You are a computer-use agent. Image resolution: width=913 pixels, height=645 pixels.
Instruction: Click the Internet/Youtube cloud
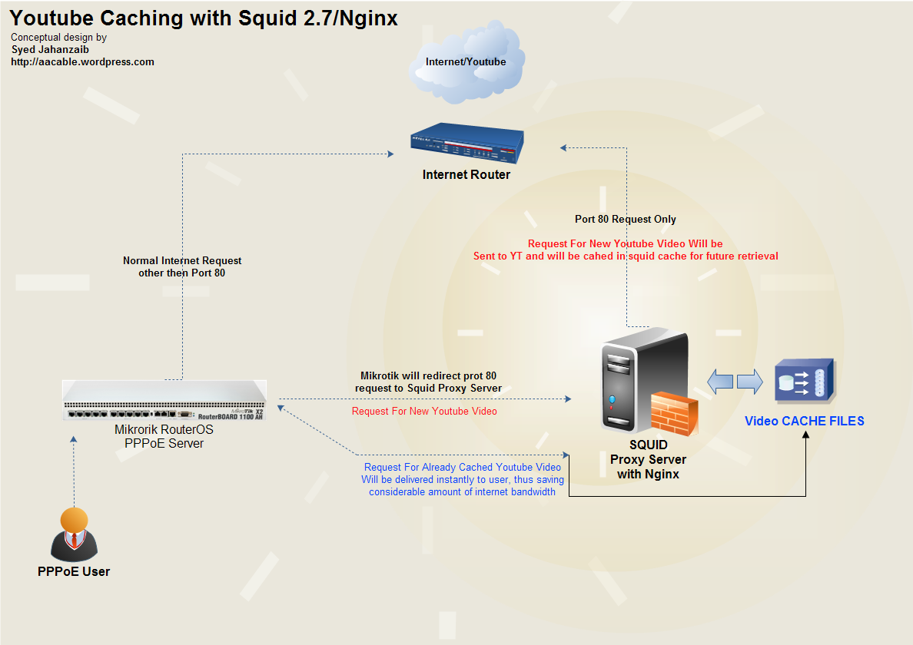(466, 62)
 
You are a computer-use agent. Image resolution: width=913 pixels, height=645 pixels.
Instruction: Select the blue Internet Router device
(467, 143)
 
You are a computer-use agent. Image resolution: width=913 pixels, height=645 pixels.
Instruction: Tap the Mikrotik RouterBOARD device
(164, 400)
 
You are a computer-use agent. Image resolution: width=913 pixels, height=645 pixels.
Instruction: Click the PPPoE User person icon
(74, 534)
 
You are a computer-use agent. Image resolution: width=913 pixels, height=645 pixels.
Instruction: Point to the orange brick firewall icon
(674, 414)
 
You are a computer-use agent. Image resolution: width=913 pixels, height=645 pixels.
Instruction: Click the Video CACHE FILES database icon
(805, 381)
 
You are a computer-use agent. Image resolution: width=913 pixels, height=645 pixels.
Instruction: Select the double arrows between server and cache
(735, 382)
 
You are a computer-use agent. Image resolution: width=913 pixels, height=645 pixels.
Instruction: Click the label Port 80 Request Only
(626, 220)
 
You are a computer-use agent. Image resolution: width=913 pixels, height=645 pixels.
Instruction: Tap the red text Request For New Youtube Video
(424, 412)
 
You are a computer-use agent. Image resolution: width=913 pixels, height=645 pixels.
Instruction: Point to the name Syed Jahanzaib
(50, 49)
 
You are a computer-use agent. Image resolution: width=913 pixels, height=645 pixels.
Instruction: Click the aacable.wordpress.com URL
(83, 61)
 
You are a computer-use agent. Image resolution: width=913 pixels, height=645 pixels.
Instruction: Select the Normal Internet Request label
(182, 260)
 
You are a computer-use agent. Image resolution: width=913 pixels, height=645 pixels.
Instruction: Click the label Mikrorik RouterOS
(164, 430)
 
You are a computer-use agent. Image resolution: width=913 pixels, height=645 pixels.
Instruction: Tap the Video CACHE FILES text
(805, 421)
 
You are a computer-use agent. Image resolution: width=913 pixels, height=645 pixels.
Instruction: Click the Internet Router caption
(466, 174)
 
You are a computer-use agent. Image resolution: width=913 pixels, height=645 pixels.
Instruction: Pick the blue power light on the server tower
(612, 399)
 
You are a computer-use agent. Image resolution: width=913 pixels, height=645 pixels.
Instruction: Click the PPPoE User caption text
(74, 572)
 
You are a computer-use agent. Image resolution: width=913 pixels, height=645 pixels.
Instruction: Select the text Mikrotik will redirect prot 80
(429, 375)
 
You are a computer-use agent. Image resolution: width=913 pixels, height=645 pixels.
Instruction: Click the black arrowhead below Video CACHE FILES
(806, 434)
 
